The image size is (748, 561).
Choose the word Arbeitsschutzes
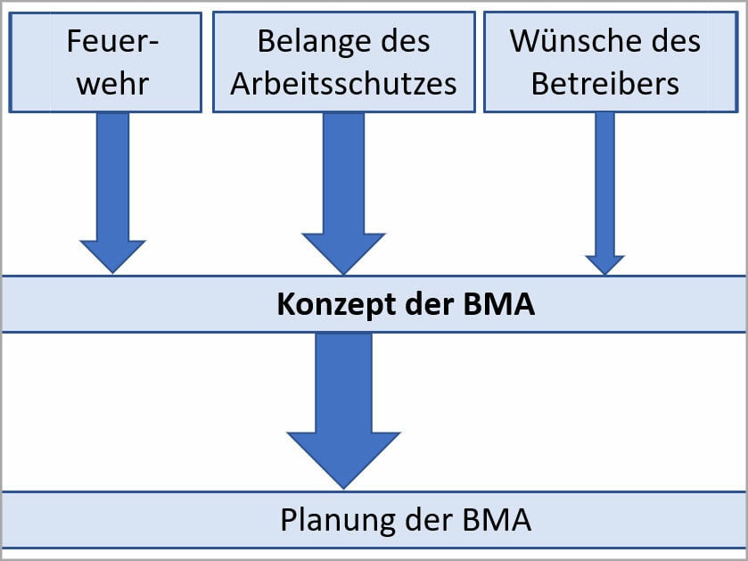[343, 83]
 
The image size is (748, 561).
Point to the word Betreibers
[605, 83]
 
